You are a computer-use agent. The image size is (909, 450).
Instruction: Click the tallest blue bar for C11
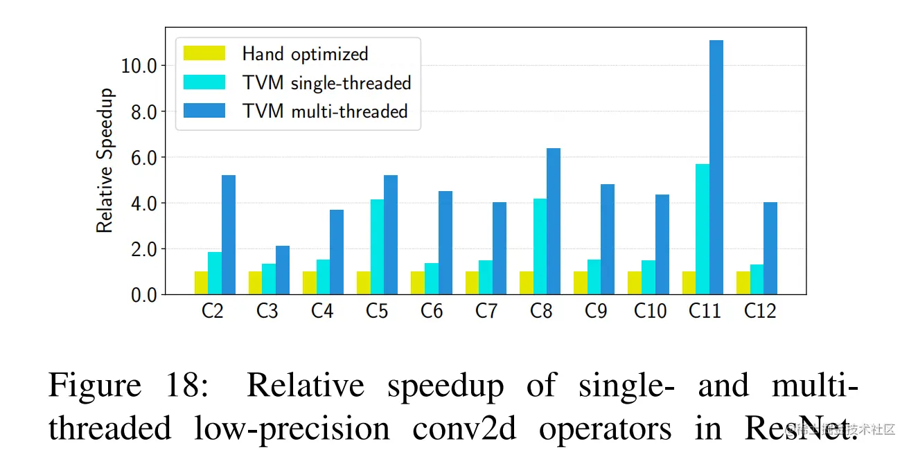pyautogui.click(x=716, y=167)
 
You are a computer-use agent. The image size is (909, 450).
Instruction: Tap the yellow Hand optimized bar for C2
pyautogui.click(x=201, y=282)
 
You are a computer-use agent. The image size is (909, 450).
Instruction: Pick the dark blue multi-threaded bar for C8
pyautogui.click(x=553, y=221)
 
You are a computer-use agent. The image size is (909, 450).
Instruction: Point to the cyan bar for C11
pyautogui.click(x=703, y=228)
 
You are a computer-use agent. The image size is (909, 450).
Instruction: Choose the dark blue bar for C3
pyautogui.click(x=282, y=270)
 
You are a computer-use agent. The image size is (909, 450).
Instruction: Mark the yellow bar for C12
pyautogui.click(x=743, y=282)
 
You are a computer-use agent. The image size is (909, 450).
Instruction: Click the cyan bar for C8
pyautogui.click(x=540, y=246)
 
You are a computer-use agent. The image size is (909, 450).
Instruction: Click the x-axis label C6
pyautogui.click(x=431, y=312)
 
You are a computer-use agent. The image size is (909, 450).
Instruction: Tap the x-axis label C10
pyautogui.click(x=650, y=312)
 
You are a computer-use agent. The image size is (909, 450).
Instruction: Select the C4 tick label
pyautogui.click(x=321, y=312)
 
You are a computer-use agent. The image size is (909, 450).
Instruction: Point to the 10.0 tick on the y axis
pyautogui.click(x=139, y=66)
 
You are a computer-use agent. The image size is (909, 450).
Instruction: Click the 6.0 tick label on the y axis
pyautogui.click(x=143, y=157)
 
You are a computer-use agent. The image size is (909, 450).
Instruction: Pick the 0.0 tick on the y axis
pyautogui.click(x=143, y=295)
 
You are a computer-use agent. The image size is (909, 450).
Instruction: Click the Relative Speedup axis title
pyautogui.click(x=105, y=161)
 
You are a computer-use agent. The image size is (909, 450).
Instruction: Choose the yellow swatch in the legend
pyautogui.click(x=204, y=53)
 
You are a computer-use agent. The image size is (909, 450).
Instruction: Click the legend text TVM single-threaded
pyautogui.click(x=326, y=82)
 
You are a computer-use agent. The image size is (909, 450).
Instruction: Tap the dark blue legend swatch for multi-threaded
pyautogui.click(x=204, y=111)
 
